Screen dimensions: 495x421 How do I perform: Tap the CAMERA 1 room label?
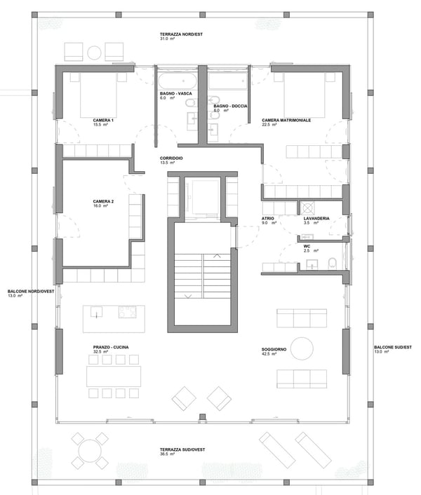tap(103, 120)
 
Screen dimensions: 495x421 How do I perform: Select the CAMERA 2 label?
tap(103, 201)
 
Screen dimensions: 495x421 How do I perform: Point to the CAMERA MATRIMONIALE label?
tap(286, 120)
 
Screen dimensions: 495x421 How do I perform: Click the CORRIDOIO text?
tap(171, 158)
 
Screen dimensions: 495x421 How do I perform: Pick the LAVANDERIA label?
tap(317, 219)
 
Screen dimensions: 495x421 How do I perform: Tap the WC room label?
tap(307, 247)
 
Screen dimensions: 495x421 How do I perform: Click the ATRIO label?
tap(268, 219)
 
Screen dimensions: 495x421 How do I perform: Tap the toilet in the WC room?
tap(333, 262)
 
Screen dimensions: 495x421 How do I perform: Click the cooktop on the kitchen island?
tap(127, 312)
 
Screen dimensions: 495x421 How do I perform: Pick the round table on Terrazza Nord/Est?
tap(94, 51)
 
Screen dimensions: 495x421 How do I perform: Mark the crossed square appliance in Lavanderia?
tap(307, 208)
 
